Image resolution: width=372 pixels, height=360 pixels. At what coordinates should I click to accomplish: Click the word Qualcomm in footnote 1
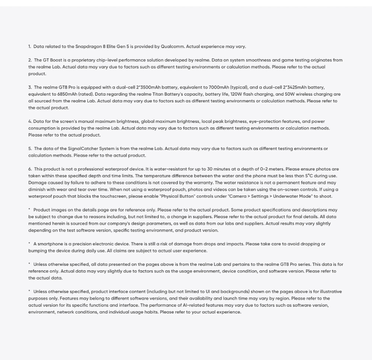(172, 47)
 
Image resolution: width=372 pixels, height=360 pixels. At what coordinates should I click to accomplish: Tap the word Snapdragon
(88, 47)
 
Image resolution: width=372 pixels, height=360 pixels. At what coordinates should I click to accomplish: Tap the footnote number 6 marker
(30, 169)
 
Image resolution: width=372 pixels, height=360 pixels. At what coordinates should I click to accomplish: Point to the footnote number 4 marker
(30, 121)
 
